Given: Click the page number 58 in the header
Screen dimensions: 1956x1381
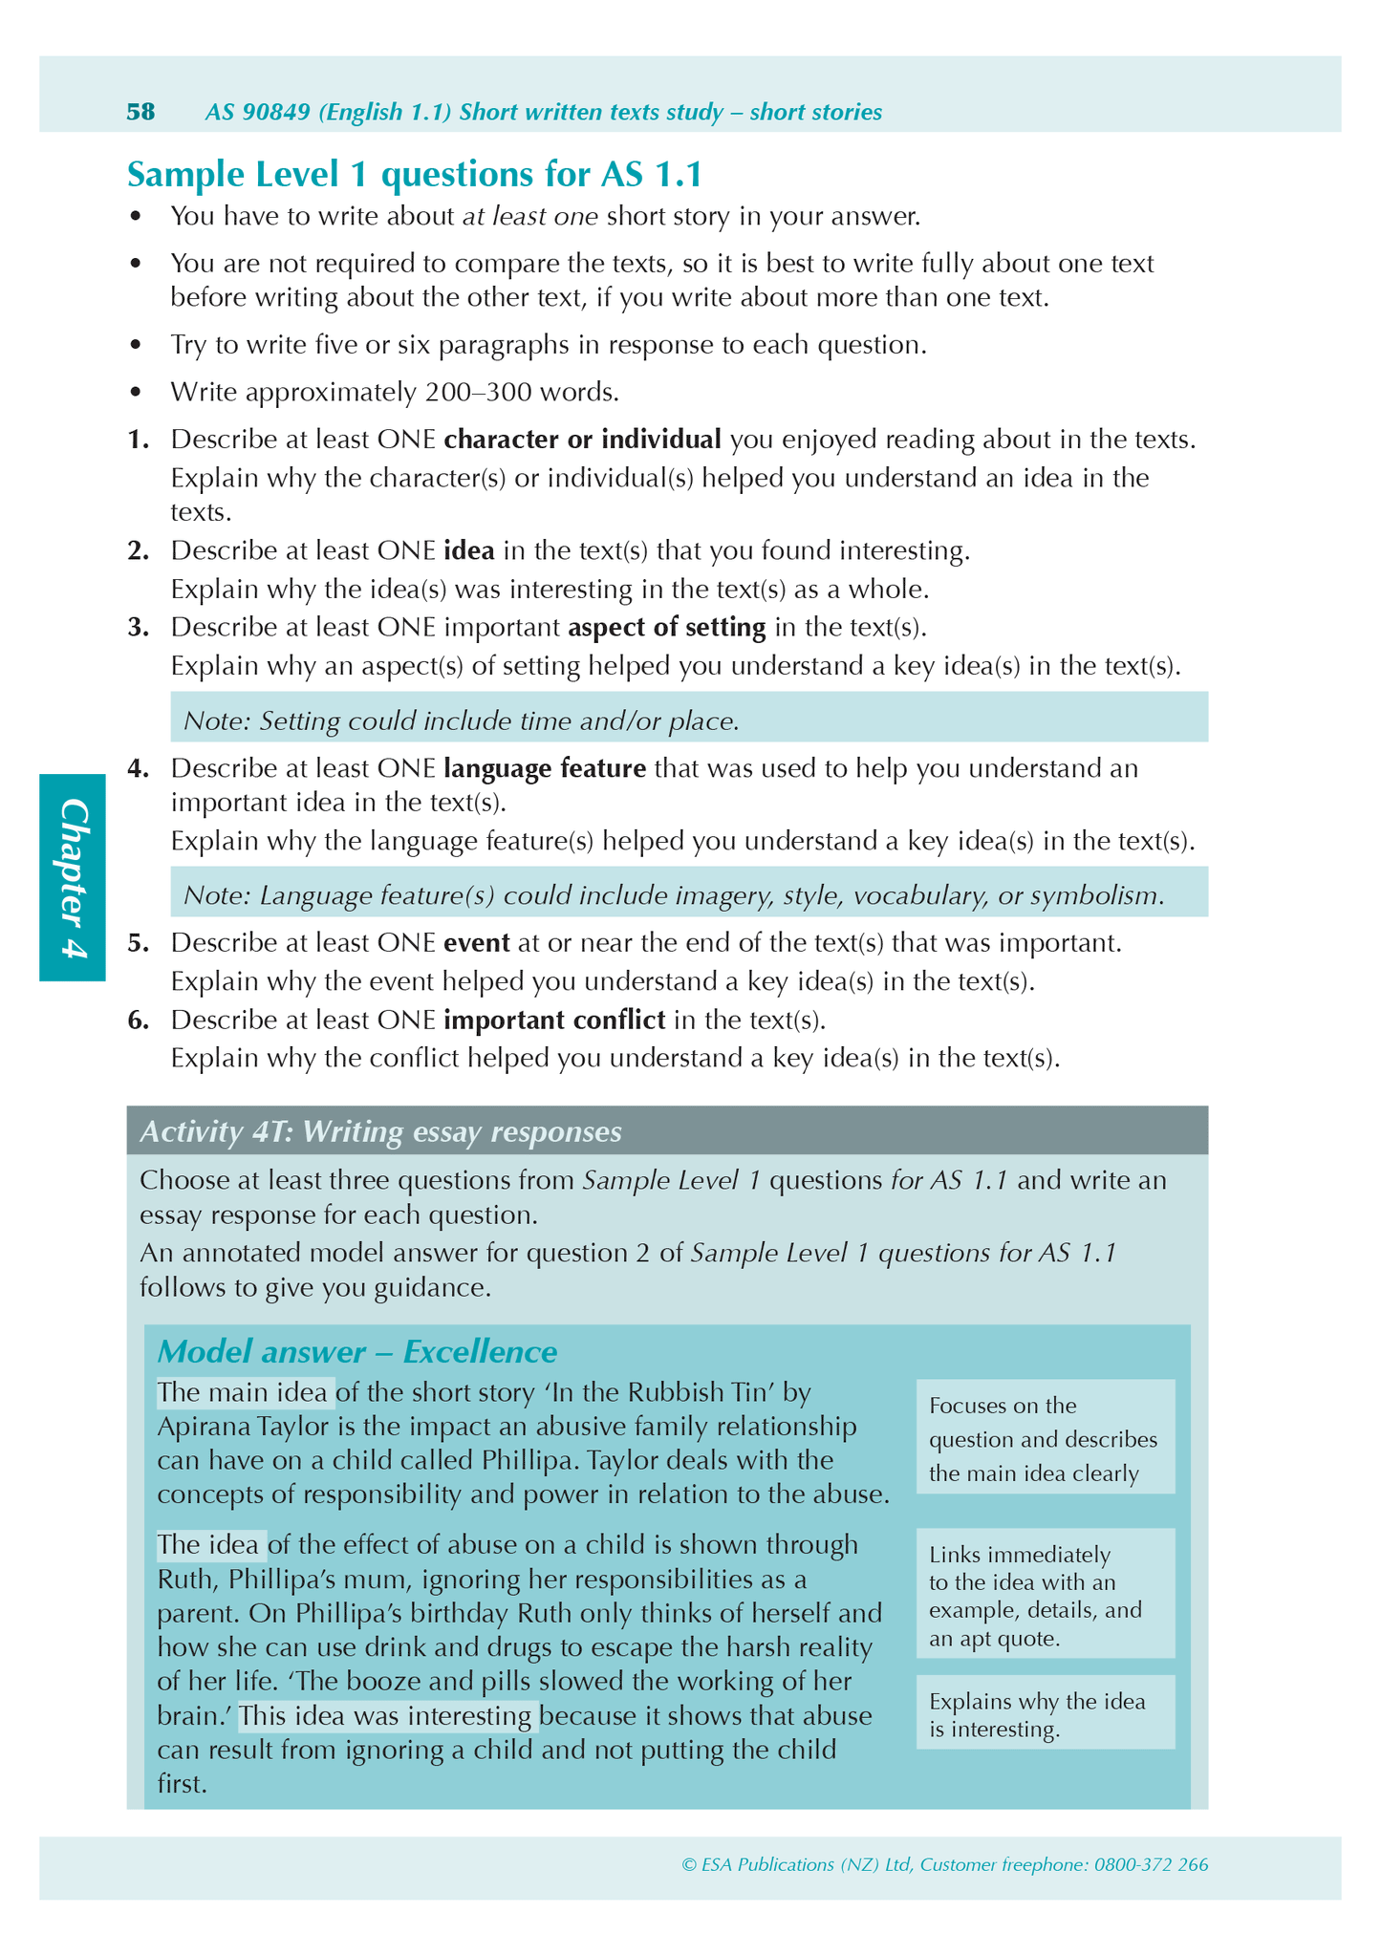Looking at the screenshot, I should [x=140, y=112].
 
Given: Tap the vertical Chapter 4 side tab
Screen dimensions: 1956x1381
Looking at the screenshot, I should [x=73, y=876].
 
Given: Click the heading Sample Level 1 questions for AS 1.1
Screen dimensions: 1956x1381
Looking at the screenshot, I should [x=415, y=175].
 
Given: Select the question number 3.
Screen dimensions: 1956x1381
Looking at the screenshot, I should [x=139, y=628].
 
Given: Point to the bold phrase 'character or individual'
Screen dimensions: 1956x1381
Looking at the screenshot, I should [x=583, y=440].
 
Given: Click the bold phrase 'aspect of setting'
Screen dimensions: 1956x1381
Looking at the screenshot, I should [x=667, y=628].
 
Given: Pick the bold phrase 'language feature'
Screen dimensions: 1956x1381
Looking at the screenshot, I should [x=545, y=768].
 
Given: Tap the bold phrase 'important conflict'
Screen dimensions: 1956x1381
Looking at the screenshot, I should [x=554, y=1020].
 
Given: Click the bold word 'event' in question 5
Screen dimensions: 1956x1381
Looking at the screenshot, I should [x=476, y=943].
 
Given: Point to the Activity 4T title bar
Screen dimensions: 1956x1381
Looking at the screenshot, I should [x=667, y=1131].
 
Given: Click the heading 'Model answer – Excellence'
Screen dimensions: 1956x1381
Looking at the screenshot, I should [x=356, y=1351].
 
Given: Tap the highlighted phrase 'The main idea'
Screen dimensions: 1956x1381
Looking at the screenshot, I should [x=245, y=1392].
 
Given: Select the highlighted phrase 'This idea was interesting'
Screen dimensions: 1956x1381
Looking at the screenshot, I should [x=388, y=1716].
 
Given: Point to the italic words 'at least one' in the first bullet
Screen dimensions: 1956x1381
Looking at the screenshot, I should [x=530, y=217].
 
